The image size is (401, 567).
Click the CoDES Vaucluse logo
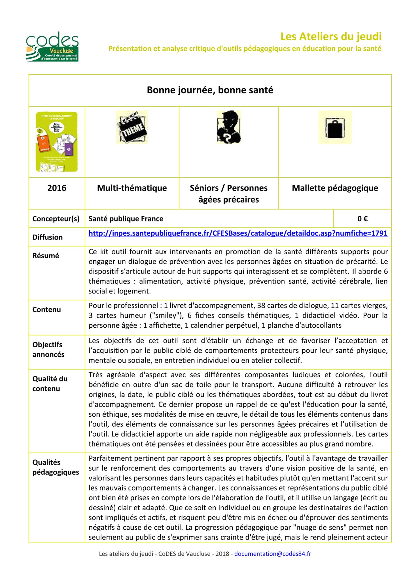[52, 46]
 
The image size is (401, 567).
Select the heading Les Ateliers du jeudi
[331, 37]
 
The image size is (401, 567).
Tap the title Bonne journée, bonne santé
[210, 90]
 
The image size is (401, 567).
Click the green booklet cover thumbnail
[57, 142]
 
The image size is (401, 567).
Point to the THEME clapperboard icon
[132, 127]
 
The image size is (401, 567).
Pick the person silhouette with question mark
[229, 127]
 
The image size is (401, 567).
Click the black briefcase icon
[335, 127]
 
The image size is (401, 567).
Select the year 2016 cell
[57, 188]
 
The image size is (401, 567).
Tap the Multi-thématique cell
[132, 188]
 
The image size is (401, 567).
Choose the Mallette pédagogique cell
[335, 188]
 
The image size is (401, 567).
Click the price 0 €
[362, 219]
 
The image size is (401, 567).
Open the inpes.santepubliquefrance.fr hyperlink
[238, 233]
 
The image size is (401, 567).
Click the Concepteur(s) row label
[56, 219]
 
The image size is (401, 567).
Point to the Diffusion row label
[47, 237]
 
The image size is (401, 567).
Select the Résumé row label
[46, 255]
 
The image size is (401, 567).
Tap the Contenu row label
[46, 309]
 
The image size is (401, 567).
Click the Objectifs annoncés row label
[48, 349]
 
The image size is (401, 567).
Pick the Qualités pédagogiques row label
[56, 467]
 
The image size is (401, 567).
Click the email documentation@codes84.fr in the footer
[272, 554]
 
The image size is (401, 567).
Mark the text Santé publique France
[126, 219]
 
